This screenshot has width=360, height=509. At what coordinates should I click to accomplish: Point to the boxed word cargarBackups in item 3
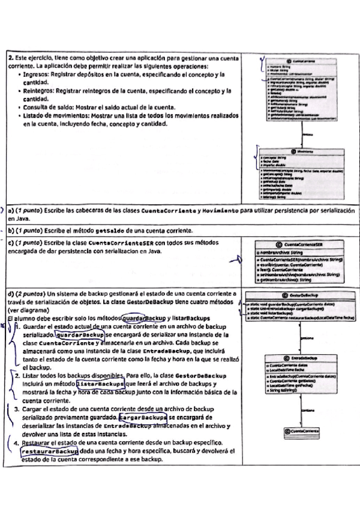tap(143, 416)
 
